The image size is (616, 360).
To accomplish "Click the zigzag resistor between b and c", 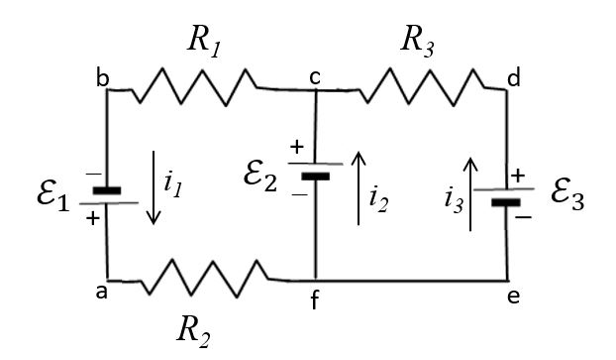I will point(202,87).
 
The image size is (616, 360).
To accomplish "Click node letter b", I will point(102,77).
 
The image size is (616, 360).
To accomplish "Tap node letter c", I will point(314,77).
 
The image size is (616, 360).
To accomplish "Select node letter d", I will point(512,77).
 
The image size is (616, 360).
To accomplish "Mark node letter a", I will point(100,294).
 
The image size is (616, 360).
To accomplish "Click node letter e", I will point(511,295).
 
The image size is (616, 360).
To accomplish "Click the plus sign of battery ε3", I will point(517,174).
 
